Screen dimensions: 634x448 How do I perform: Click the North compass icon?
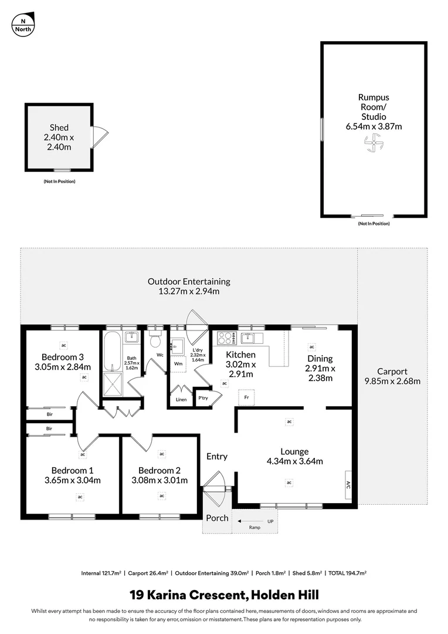click(x=23, y=23)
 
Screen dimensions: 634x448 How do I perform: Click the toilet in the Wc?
click(x=155, y=340)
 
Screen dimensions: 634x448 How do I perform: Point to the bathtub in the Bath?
click(x=111, y=350)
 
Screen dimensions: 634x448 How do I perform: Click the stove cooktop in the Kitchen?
click(x=226, y=338)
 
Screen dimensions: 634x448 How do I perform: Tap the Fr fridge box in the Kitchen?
click(x=246, y=397)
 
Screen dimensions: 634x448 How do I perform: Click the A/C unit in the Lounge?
click(x=348, y=485)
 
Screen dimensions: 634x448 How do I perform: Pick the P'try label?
click(x=203, y=397)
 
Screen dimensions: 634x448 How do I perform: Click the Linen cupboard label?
click(x=181, y=400)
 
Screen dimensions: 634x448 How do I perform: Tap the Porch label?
click(x=217, y=518)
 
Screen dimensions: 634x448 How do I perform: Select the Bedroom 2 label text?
click(x=159, y=470)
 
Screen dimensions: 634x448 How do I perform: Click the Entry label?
click(x=217, y=456)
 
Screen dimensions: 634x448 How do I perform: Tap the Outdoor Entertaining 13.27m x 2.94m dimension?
click(x=189, y=291)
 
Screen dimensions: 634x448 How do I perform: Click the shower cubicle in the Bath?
click(x=111, y=385)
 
